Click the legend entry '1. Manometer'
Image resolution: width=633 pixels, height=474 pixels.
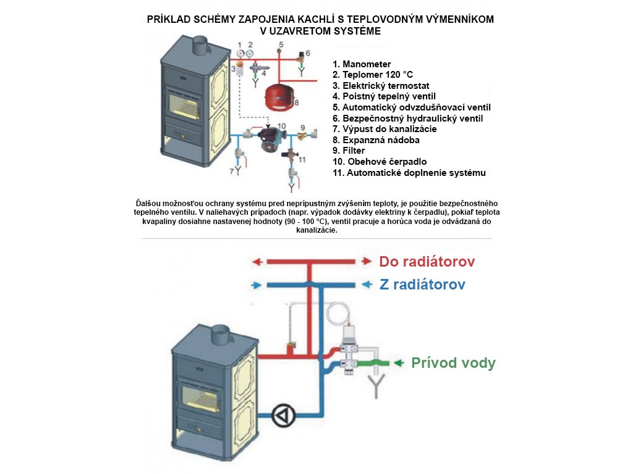[362, 64]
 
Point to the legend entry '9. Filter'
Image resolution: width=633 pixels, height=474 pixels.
[349, 151]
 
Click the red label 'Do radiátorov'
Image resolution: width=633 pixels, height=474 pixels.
[427, 262]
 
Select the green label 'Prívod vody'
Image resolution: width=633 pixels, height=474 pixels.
[453, 363]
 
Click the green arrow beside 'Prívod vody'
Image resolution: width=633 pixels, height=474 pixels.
[400, 362]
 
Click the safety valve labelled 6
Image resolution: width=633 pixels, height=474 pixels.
[302, 57]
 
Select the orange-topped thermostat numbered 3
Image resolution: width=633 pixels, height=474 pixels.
[237, 67]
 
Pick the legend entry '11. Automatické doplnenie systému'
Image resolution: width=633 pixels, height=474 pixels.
[409, 173]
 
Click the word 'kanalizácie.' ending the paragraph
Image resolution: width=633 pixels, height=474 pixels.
[316, 230]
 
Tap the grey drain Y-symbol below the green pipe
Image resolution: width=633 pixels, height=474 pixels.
[375, 388]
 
